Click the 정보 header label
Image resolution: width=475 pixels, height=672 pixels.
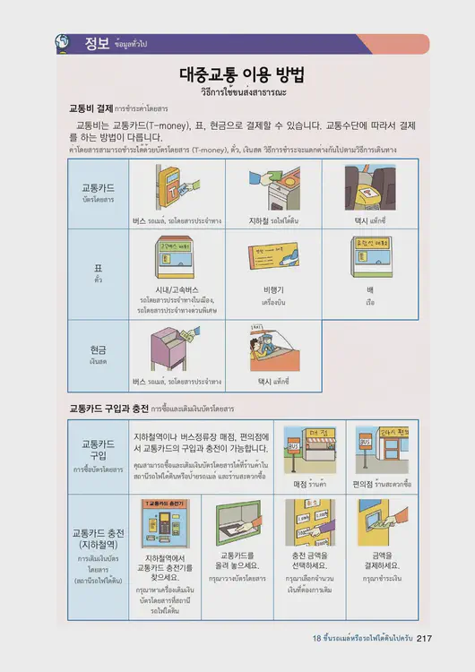click(x=97, y=43)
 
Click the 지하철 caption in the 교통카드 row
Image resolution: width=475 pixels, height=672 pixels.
click(x=263, y=219)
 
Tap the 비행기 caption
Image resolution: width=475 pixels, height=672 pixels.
click(x=273, y=290)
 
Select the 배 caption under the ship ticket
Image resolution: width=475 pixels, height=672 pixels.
click(x=369, y=290)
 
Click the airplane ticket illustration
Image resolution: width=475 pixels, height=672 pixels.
click(x=273, y=259)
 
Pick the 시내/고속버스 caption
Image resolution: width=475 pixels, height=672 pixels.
click(x=177, y=289)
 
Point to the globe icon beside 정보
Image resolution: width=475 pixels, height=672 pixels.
click(x=62, y=42)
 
